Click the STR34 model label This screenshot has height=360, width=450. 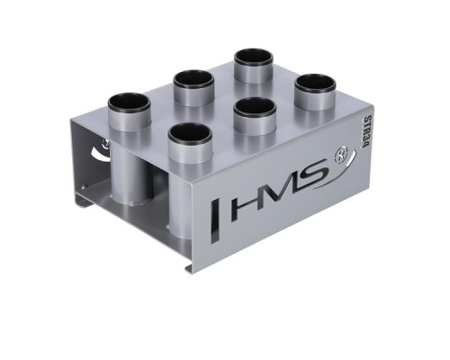click(362, 133)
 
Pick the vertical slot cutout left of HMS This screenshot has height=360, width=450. click(215, 220)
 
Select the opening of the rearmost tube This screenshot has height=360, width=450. click(254, 57)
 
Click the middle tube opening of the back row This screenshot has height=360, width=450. click(193, 79)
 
